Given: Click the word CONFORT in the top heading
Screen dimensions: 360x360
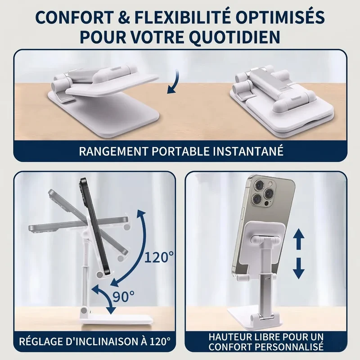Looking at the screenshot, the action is (74, 18).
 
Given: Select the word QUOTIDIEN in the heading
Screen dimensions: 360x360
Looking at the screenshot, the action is (235, 37).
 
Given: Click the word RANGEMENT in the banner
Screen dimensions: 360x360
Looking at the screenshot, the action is (113, 151).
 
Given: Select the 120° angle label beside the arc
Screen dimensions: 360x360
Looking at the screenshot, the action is (159, 257).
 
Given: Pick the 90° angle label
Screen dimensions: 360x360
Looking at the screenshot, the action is (123, 297).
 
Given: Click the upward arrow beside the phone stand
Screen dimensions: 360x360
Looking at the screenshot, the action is (299, 239).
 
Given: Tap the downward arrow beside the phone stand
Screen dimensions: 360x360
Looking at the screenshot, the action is (299, 268).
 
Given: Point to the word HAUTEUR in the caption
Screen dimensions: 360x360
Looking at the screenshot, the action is (229, 337).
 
